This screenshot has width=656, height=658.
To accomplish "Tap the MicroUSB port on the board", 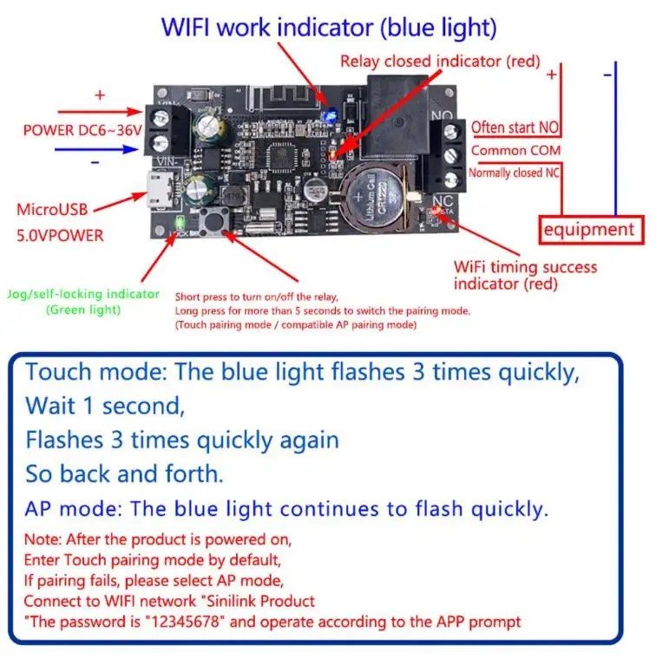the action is (x=160, y=190).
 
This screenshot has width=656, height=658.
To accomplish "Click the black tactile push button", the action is (x=214, y=221).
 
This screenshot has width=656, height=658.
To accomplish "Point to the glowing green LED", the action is (x=180, y=223).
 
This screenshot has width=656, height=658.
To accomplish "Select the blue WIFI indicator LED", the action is (x=331, y=114).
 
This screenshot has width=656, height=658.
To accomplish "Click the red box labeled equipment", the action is (x=591, y=230).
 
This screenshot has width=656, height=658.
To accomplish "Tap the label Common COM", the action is (x=515, y=150).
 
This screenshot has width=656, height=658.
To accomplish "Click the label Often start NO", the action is (x=515, y=127).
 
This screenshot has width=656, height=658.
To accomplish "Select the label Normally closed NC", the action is (x=514, y=173).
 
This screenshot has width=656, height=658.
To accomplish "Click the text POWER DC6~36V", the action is (x=82, y=131).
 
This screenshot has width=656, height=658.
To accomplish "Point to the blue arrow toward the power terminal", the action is (x=96, y=149).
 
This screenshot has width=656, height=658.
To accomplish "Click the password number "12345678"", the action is (x=185, y=622).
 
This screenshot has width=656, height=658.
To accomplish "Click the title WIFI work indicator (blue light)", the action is (x=329, y=28).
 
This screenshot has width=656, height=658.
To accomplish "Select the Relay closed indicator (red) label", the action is (x=440, y=62).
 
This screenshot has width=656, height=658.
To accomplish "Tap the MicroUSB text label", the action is (x=52, y=210).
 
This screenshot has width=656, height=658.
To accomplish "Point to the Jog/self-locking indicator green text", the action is (x=83, y=302).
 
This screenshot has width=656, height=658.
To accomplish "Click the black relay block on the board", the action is (x=395, y=117).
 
